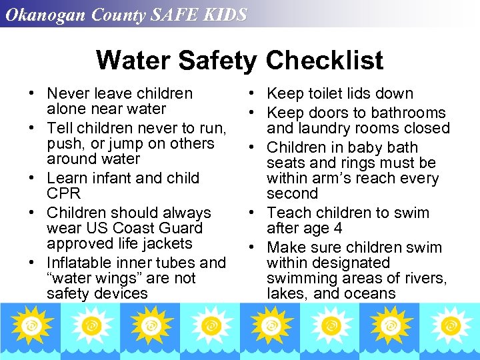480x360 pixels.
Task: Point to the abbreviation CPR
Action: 63,193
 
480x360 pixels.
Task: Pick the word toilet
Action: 327,94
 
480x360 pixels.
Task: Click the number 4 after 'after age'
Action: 338,228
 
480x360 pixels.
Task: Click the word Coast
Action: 130,228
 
